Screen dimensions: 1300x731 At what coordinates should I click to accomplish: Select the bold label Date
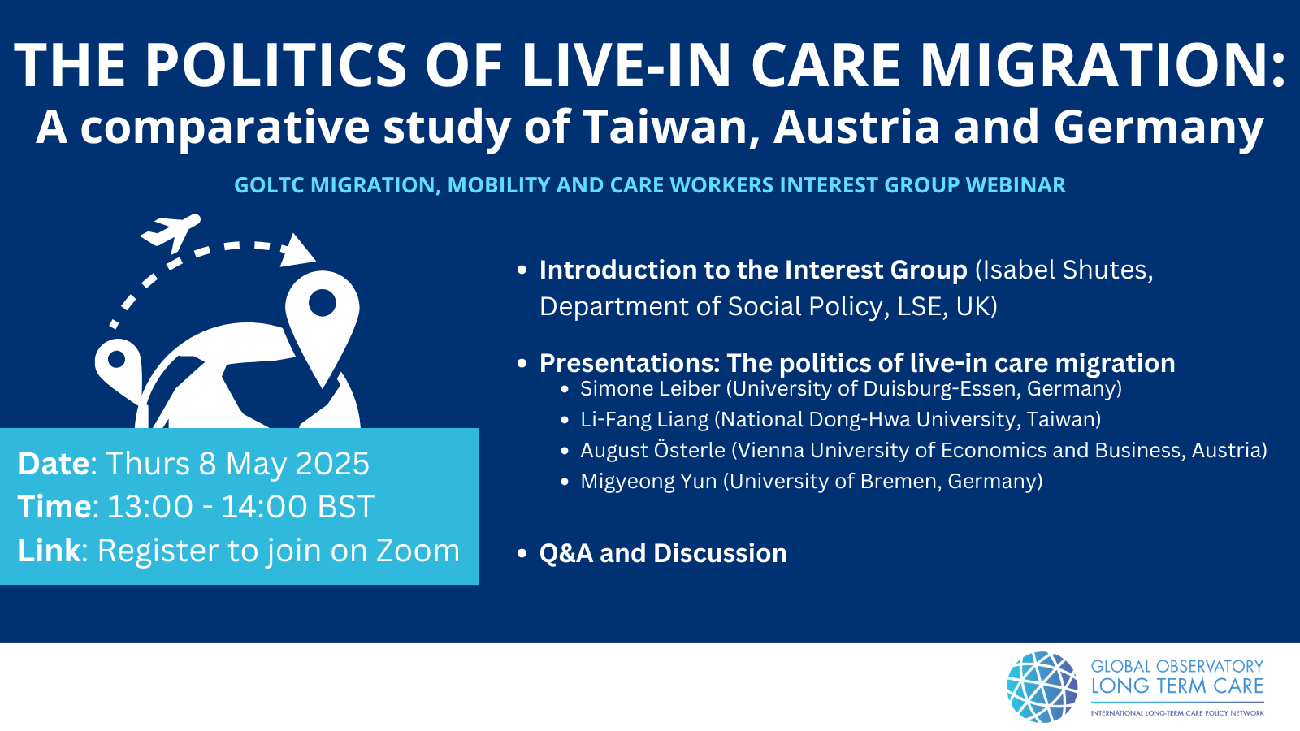(54, 464)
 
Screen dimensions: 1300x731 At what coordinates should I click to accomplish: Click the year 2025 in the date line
(332, 464)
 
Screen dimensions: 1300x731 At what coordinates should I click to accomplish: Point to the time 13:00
(149, 507)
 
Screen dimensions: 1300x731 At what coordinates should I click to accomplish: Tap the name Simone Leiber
(650, 389)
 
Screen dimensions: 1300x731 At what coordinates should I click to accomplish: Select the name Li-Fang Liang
(644, 419)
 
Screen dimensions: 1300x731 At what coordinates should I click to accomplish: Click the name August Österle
(653, 450)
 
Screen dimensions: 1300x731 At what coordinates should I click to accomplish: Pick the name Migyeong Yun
(648, 482)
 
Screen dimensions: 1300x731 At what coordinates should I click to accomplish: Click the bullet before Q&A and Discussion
(522, 553)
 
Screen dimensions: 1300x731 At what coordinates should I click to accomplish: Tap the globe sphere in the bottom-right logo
(1042, 687)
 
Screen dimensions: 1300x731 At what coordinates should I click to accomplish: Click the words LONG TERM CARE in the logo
(1177, 686)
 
